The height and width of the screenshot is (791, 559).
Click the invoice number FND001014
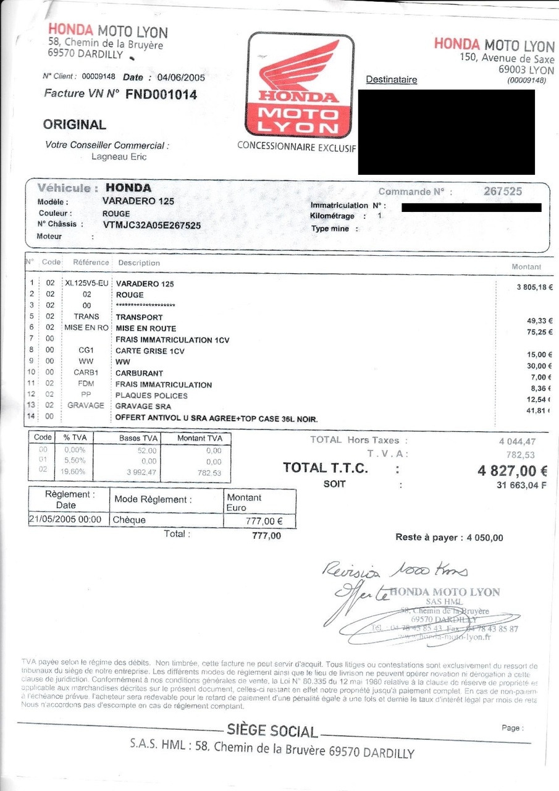click(x=161, y=95)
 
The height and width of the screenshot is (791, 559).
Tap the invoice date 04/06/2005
click(x=181, y=77)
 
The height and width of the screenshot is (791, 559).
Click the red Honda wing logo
click(x=300, y=69)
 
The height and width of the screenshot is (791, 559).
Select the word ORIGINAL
click(x=74, y=124)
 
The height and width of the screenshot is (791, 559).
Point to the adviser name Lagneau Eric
click(x=119, y=156)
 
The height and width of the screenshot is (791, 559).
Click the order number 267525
click(x=502, y=192)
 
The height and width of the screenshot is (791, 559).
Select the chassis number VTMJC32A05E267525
click(x=151, y=225)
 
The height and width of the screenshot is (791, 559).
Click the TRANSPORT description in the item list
click(x=139, y=317)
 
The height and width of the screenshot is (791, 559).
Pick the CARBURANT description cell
click(x=139, y=373)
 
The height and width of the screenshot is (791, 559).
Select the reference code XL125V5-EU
click(x=86, y=284)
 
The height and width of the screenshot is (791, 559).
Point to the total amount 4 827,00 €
click(x=512, y=471)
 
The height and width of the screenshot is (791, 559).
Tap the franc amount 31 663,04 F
click(x=521, y=485)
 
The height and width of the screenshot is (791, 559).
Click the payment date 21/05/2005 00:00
click(x=65, y=520)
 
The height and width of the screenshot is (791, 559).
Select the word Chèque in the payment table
click(x=129, y=520)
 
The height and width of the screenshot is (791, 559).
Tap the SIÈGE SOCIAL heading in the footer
click(x=272, y=731)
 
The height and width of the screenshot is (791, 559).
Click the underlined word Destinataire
click(x=391, y=80)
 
